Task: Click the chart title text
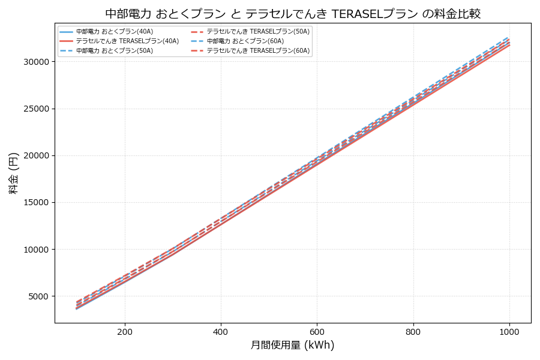293,13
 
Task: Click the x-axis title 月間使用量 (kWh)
293,346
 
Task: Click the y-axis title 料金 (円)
13,173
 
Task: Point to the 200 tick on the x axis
125,331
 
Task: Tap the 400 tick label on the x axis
221,331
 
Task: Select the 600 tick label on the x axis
317,331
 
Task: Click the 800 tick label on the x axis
413,331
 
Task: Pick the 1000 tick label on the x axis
509,331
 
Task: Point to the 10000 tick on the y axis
35,250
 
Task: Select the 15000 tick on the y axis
35,203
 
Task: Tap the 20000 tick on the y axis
35,156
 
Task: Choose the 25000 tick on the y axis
35,109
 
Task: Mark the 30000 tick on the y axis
35,62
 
